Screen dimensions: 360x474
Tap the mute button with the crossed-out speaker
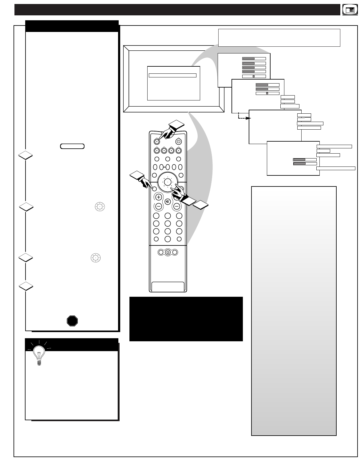pos(168,202)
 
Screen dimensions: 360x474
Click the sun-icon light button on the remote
pos(168,252)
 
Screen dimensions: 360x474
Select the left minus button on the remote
pos(159,206)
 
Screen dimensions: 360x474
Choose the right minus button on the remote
pos(177,206)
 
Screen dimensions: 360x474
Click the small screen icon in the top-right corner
pos(348,10)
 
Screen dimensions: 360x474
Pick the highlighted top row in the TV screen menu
pos(172,75)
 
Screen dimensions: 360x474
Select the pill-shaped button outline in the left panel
pos(72,146)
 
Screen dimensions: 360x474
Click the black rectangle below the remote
pos(186,319)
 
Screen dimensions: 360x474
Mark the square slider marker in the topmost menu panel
pos(253,76)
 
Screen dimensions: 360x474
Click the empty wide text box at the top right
pos(279,37)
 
